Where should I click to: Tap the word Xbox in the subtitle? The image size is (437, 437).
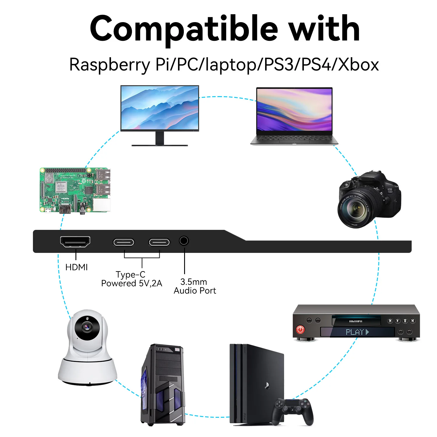tap(358, 65)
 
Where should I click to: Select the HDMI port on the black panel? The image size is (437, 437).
tap(75, 242)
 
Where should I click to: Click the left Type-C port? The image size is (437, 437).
tap(124, 242)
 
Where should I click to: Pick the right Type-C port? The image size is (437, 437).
tap(159, 242)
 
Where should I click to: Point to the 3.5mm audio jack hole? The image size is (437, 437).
tap(184, 241)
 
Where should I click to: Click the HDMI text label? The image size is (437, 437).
tap(76, 267)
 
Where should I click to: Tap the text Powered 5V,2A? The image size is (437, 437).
tap(131, 283)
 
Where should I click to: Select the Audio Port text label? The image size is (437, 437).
tap(195, 291)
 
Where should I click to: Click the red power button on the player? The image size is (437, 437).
tap(300, 329)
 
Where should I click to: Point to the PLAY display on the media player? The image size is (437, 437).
tap(357, 332)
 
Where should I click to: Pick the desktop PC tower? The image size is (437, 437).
tap(163, 385)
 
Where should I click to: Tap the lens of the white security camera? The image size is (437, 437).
tap(87, 327)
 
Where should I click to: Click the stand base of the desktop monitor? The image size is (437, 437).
tap(160, 145)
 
